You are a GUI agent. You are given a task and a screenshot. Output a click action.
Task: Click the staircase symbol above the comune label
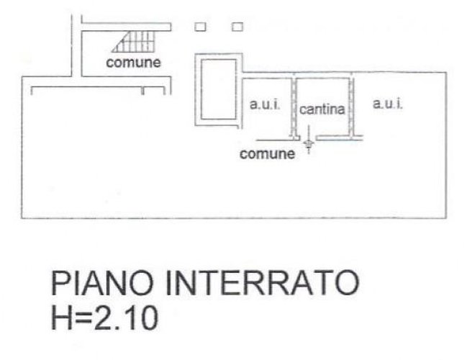tap(134, 42)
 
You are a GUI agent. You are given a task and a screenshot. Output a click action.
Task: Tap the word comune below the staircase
tap(133, 63)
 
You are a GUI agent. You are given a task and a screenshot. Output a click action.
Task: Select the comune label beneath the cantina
tap(267, 154)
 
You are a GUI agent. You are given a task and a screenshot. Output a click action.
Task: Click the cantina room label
tap(322, 109)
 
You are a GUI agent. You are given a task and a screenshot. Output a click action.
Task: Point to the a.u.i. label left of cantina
tap(265, 104)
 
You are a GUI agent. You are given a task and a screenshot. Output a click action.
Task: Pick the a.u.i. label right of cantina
tap(387, 104)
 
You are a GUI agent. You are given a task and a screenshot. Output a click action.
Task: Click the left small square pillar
tap(200, 27)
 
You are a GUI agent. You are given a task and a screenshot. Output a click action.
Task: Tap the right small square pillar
tap(237, 27)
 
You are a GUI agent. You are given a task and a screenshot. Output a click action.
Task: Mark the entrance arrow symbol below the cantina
tap(309, 140)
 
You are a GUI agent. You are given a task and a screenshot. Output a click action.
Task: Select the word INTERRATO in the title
tap(263, 282)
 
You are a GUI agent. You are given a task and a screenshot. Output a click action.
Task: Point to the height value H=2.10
tap(104, 318)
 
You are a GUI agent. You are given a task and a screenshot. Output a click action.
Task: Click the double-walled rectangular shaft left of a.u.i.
tap(219, 89)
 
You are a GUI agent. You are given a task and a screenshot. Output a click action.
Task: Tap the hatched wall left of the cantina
tap(294, 107)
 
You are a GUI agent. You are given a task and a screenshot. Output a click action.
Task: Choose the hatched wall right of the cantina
tap(351, 107)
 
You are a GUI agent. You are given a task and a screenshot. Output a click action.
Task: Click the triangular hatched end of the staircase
tap(121, 45)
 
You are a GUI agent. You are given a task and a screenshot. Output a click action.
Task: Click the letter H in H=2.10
tap(62, 318)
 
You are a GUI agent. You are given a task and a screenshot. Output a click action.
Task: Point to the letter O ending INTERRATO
tap(346, 282)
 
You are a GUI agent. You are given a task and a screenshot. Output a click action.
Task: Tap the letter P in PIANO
tap(60, 282)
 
